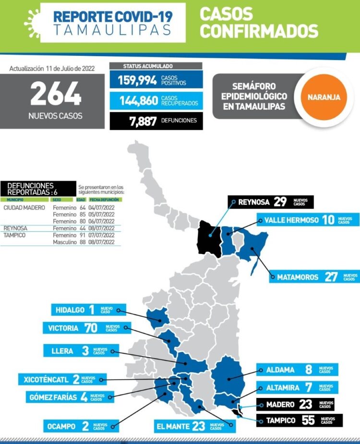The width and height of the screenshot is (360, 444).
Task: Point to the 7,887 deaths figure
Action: (x=143, y=121)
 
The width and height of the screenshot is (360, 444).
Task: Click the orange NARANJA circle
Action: (x=321, y=97)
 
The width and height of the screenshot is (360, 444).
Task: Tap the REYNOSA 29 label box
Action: (x=271, y=202)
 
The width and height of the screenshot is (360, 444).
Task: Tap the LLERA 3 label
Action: (x=80, y=351)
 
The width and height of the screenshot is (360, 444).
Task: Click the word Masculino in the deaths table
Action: (x=64, y=242)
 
